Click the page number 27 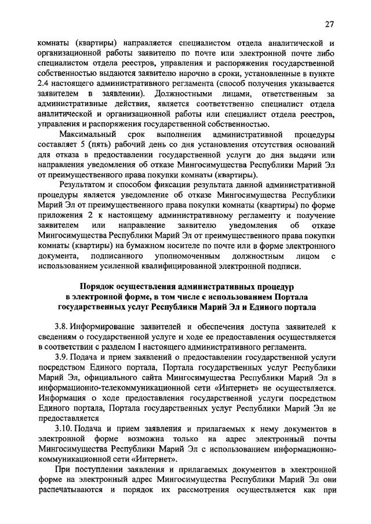tap(329, 24)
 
